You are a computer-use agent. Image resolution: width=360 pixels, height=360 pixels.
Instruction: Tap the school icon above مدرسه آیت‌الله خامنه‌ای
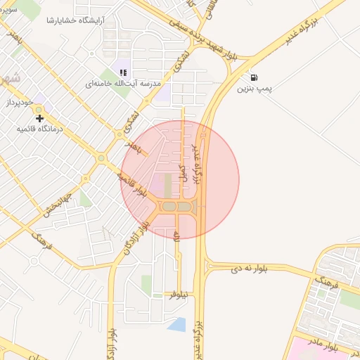[124, 72]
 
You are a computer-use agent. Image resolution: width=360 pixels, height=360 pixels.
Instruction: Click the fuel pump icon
[253, 77]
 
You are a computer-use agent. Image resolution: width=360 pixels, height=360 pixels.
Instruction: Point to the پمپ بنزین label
[253, 89]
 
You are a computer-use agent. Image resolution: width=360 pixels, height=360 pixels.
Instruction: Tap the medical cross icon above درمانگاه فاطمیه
[40, 118]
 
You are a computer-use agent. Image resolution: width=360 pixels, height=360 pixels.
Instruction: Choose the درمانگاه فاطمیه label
[40, 129]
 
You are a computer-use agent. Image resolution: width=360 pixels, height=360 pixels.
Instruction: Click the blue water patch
[176, 324]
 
